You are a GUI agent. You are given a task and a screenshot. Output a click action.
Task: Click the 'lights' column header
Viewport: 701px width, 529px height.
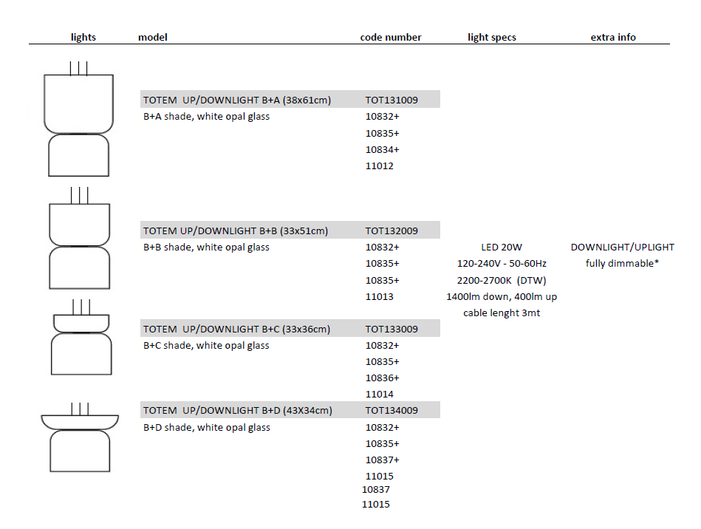coord(83,37)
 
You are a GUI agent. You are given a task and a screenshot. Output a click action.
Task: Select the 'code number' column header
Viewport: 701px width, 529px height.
coord(391,37)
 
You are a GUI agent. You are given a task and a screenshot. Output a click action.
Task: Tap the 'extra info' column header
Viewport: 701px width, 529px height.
coord(613,37)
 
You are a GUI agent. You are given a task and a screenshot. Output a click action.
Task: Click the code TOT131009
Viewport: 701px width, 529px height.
coord(391,100)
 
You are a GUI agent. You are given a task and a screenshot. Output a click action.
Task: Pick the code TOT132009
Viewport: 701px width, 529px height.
coord(391,231)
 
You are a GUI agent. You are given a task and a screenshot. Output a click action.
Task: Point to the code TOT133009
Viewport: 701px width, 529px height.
coord(391,329)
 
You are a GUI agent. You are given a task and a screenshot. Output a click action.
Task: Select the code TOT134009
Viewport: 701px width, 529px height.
coord(391,411)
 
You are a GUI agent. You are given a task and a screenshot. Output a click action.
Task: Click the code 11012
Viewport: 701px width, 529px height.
coord(380,166)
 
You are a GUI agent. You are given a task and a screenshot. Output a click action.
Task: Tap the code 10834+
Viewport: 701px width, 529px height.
coord(382,149)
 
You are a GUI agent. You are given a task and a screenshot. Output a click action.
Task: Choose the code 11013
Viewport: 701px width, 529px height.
coord(380,296)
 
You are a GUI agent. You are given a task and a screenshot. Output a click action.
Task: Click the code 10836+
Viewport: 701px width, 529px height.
coord(382,378)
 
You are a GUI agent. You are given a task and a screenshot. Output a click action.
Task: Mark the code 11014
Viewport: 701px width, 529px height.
coord(380,394)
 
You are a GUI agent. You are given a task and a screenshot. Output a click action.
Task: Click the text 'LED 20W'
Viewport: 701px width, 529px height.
coord(502,247)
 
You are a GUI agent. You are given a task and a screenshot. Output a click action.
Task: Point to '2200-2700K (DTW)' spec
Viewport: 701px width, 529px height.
coord(502,280)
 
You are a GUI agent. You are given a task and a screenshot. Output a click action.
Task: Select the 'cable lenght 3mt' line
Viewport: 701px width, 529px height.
coord(502,313)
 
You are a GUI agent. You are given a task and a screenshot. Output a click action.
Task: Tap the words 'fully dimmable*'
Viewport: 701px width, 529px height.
coord(622,263)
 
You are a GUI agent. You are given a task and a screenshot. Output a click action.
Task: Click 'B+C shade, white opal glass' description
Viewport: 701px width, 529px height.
coord(206,345)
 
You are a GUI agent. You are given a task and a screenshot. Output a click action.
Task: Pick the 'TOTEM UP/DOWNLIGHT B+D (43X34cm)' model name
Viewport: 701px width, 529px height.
coord(237,411)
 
